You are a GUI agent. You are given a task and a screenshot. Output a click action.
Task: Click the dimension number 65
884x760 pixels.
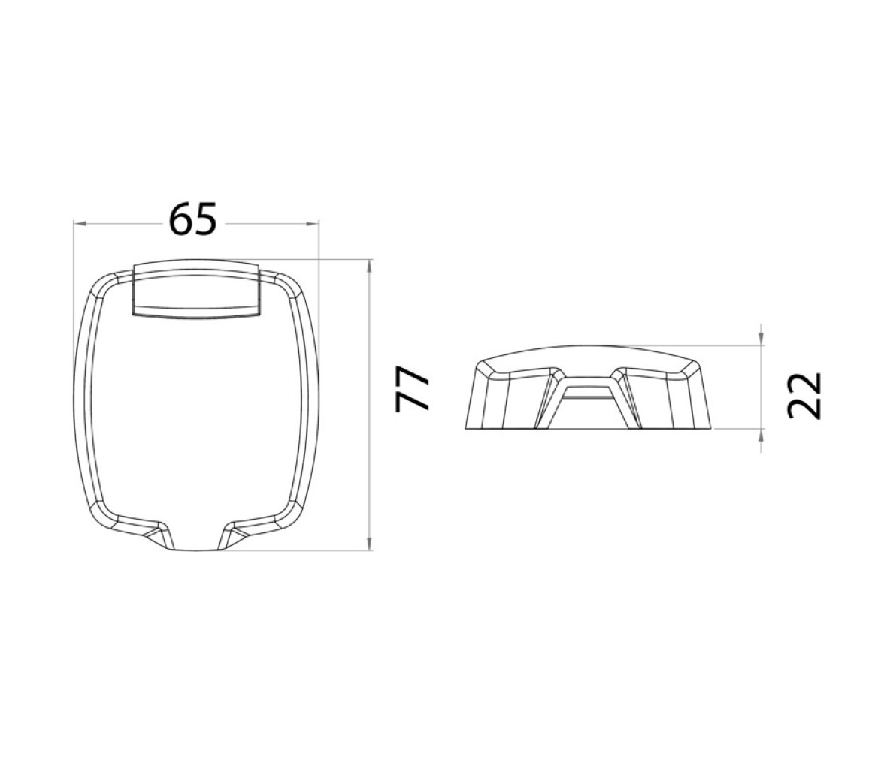point(192,219)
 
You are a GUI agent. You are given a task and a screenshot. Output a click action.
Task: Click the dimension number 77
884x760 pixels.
point(413,389)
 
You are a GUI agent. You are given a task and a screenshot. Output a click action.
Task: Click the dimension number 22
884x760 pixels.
point(804,396)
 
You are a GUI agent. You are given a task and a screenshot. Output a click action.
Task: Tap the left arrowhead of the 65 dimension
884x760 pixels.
point(80,225)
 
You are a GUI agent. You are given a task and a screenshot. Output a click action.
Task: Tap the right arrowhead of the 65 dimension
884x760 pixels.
point(313,225)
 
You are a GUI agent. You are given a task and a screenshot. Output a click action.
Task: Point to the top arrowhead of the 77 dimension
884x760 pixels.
point(369,265)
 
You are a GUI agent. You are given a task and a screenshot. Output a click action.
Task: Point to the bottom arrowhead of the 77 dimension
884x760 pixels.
point(369,543)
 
